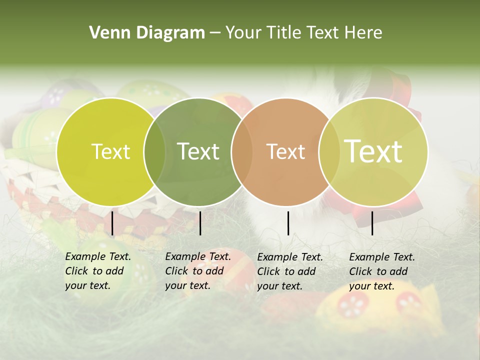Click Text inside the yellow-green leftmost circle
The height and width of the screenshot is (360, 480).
110,151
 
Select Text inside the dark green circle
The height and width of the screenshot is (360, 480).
198,151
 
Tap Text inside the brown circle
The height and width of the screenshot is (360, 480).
285,151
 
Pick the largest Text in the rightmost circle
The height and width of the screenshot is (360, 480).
373,151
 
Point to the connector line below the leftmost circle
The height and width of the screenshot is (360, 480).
112,223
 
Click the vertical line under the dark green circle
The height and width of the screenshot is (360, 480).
200,223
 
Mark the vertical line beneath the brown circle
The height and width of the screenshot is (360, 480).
288,223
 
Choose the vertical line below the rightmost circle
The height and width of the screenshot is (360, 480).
372,223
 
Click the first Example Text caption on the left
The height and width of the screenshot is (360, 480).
98,271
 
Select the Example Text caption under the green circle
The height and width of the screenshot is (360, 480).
198,271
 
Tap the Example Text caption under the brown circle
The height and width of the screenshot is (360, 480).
290,271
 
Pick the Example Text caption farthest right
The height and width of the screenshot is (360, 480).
382,271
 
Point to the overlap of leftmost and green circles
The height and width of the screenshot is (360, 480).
154,151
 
